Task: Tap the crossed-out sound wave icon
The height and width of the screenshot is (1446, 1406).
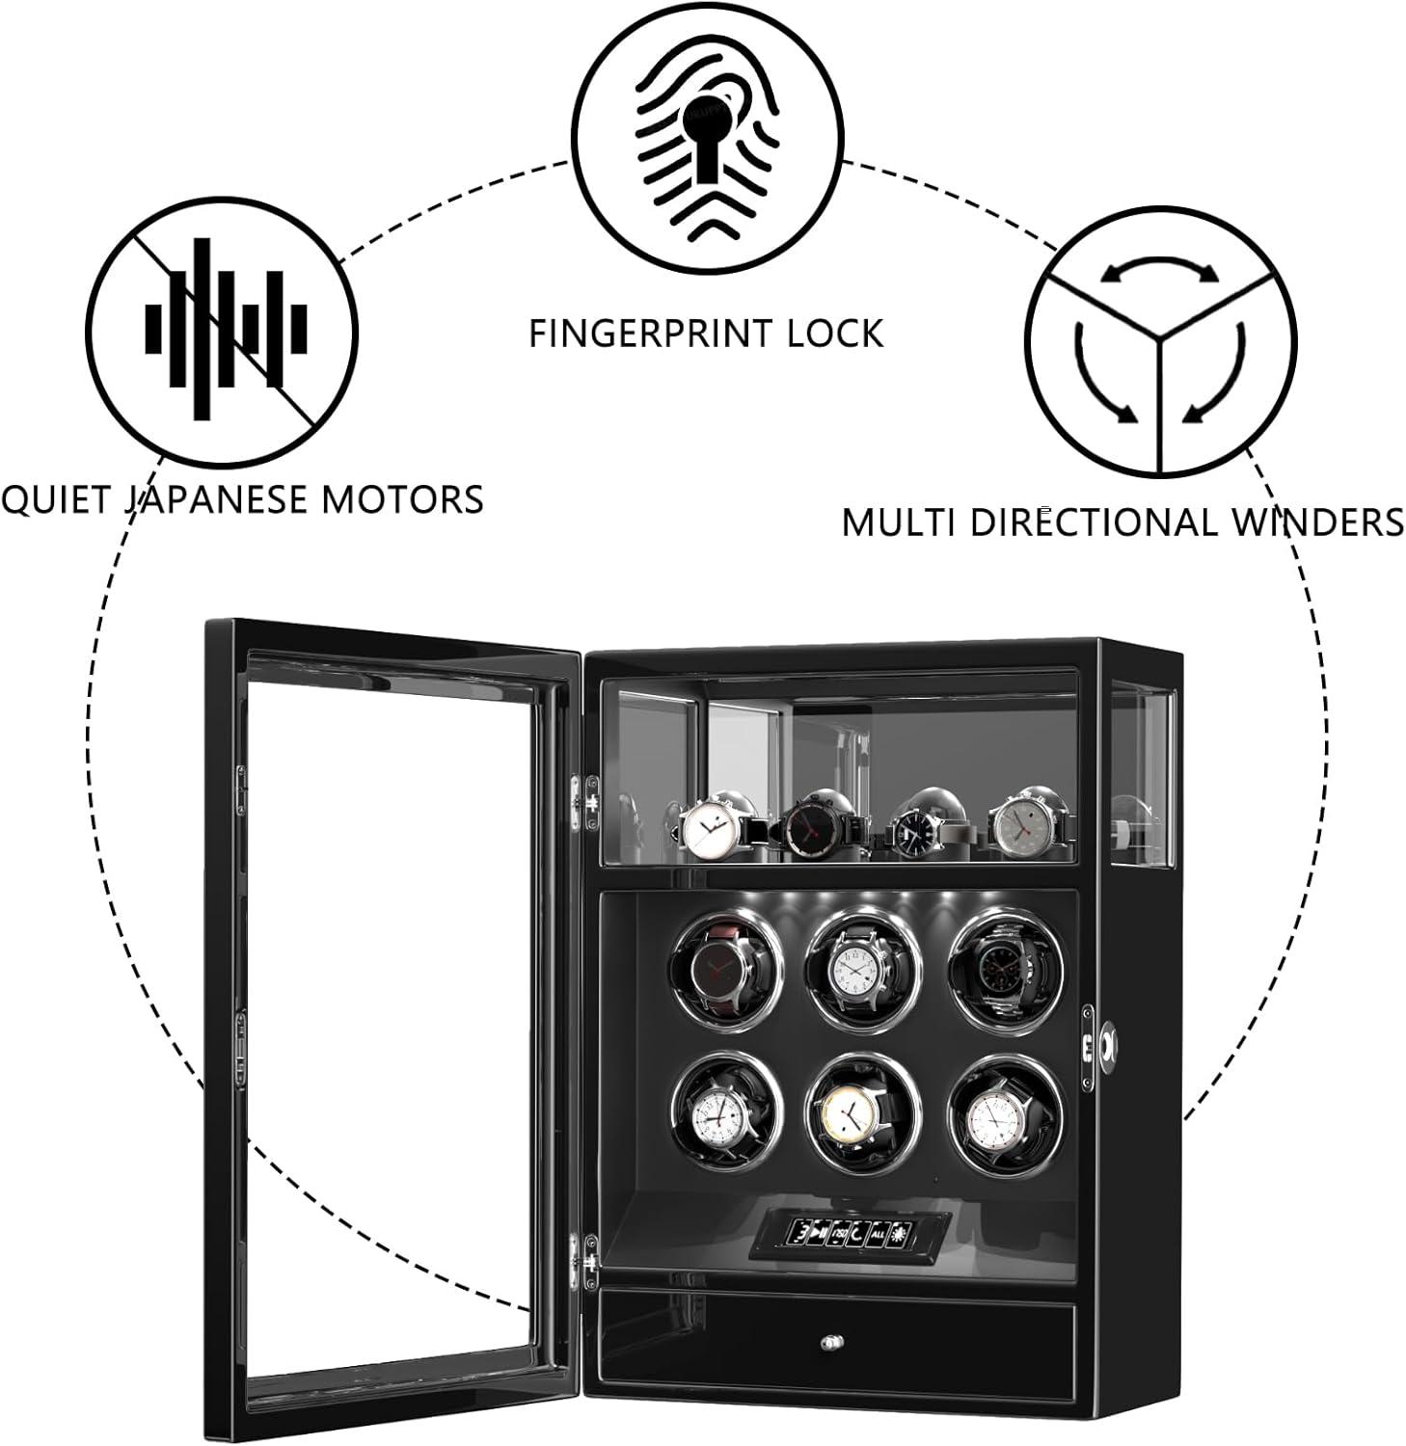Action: (224, 328)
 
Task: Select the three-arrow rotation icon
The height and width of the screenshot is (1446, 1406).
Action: (1160, 340)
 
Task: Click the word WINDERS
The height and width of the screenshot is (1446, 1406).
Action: (1318, 522)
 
